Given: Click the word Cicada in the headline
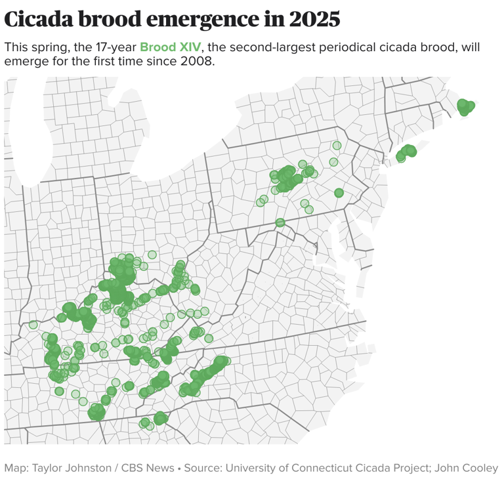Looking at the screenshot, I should [x=39, y=19].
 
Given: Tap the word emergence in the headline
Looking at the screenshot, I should [x=209, y=19].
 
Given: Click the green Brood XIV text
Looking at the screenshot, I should [x=170, y=48].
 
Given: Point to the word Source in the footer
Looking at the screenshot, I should [x=202, y=468].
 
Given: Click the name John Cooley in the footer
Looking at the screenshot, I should [x=468, y=468].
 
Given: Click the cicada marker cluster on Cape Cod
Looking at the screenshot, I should [x=465, y=106].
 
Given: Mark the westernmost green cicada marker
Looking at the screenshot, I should [x=33, y=325].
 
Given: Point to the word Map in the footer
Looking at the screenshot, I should [x=14, y=468].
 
